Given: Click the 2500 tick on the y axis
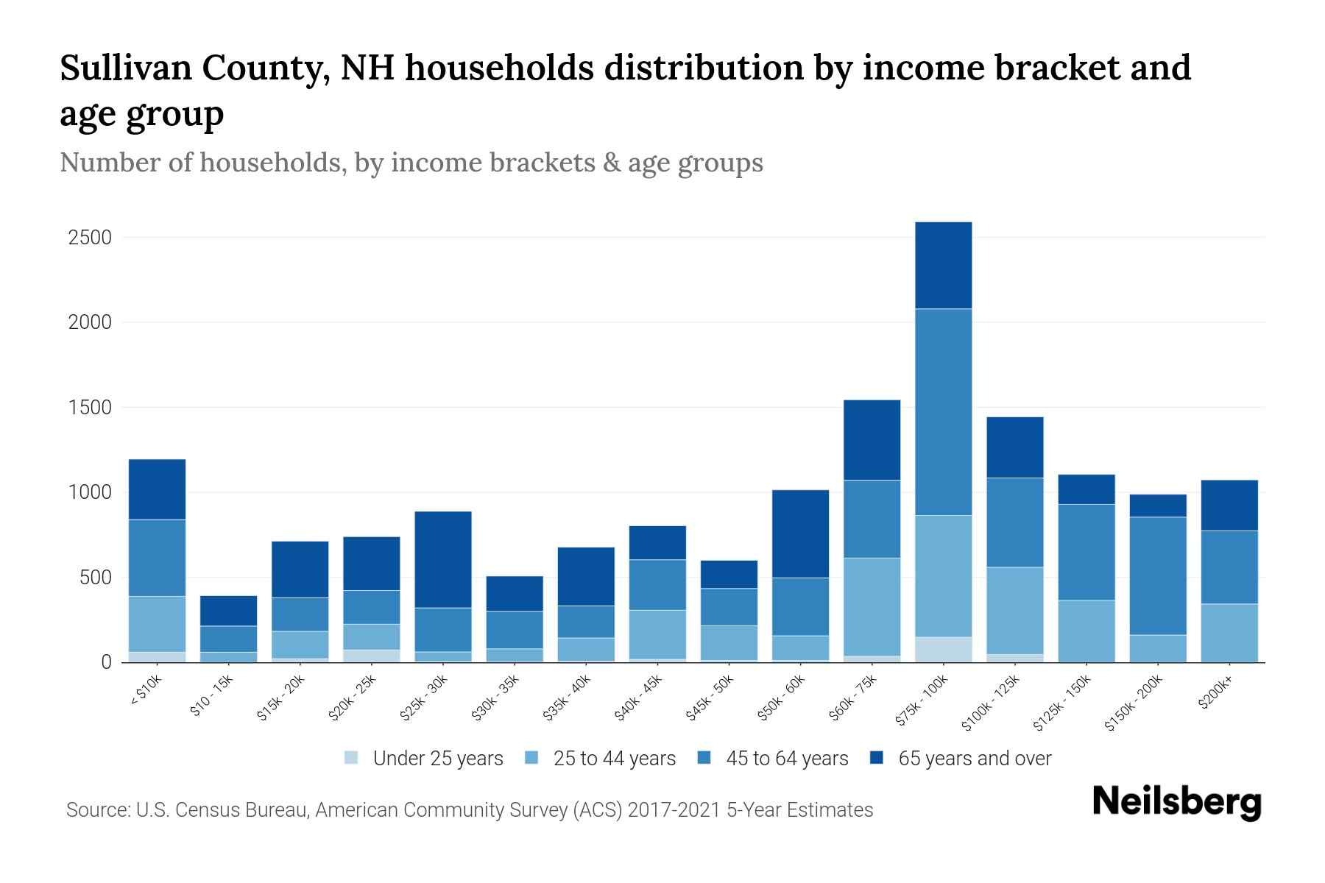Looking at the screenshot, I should tap(90, 238).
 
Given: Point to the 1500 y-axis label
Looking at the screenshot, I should tap(90, 408).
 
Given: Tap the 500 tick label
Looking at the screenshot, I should tap(95, 578).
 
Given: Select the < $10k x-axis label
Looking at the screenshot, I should tap(146, 691).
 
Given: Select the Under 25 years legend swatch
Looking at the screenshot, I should tap(352, 758).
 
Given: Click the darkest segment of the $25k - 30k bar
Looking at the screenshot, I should tap(443, 559).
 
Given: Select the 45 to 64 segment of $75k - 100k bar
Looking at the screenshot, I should tap(944, 412).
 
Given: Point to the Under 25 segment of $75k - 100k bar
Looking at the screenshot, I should tap(944, 649).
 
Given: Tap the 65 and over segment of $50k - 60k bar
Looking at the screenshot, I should tap(800, 533).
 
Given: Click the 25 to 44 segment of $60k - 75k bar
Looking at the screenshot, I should tap(872, 606).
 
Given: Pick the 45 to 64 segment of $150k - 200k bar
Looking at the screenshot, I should tap(1158, 575).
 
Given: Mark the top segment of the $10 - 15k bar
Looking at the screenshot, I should tap(229, 611).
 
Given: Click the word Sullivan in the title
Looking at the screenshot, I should tap(125, 68).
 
